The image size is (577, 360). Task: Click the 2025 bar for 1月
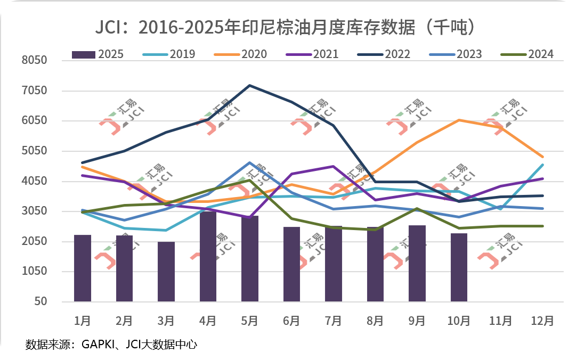83,268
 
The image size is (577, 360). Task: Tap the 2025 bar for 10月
459,267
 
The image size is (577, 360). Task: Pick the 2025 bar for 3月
166,272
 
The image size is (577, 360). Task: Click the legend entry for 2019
169,54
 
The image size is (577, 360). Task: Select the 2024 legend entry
527,54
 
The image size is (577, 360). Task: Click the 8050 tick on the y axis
35,61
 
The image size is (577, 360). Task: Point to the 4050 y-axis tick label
35,182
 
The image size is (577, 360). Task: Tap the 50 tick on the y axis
41,302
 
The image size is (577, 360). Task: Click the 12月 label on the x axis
542,321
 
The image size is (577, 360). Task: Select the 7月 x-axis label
334,321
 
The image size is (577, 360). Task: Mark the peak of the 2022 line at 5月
250,85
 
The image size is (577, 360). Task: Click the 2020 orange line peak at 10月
459,120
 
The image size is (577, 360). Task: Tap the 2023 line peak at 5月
250,163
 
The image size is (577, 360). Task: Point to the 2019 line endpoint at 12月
542,165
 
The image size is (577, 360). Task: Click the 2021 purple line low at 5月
250,217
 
